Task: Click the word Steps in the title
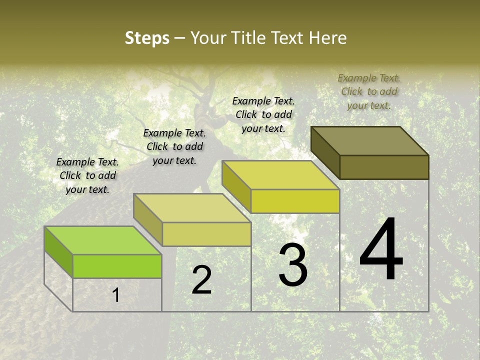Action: point(147,38)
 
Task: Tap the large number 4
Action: point(381,250)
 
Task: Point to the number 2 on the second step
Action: point(202,280)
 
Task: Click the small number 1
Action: point(115,295)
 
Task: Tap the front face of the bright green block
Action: point(117,266)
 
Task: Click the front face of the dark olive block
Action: point(384,167)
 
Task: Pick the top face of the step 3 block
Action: point(280,175)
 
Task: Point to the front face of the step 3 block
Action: point(295,201)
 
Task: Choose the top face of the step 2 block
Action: point(192,208)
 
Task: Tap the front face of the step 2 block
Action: point(206,234)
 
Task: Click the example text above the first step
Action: point(87,175)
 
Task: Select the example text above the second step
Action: point(174,146)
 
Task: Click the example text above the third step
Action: point(263,114)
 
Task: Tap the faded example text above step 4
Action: point(369,91)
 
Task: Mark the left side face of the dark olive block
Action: point(325,152)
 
